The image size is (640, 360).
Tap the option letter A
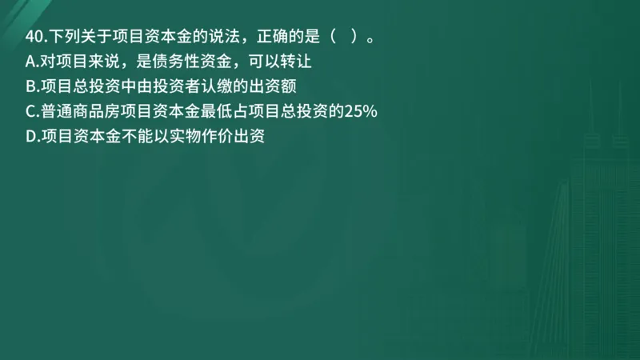[31, 62]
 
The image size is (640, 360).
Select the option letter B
[31, 86]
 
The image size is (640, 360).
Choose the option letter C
[31, 111]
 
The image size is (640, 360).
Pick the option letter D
[31, 136]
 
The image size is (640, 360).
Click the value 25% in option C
[361, 111]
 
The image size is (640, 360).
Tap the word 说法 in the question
[194, 37]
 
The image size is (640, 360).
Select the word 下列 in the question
[64, 37]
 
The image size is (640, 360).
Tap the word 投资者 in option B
[165, 86]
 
